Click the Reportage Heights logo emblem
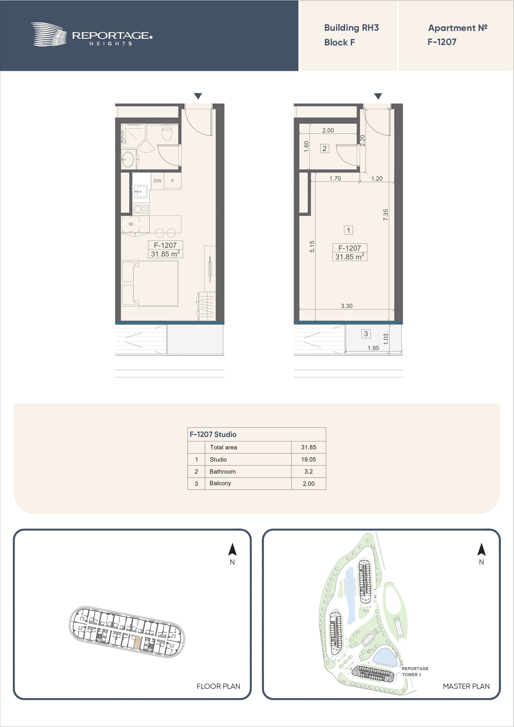click(49, 35)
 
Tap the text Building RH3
click(351, 28)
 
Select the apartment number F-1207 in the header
click(442, 42)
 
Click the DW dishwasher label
click(157, 181)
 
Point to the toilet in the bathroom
click(167, 132)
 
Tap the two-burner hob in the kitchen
click(141, 209)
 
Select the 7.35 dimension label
click(385, 215)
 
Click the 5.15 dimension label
click(312, 246)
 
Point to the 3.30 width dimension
click(346, 306)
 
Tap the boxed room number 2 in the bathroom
click(324, 149)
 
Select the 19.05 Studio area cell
click(308, 459)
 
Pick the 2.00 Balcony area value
click(308, 483)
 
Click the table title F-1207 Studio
click(213, 434)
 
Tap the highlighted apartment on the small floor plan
click(137, 642)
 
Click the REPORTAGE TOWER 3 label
click(415, 671)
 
